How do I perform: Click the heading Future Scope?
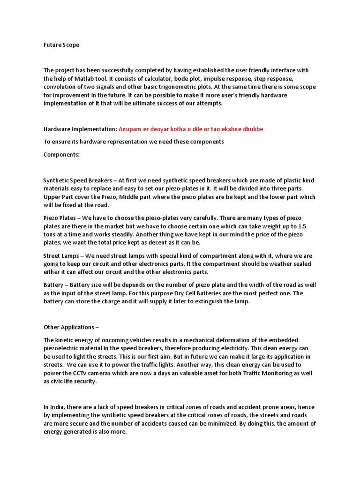[x=61, y=45]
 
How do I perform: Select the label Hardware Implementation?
[x=80, y=129]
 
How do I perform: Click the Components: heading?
[x=62, y=154]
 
